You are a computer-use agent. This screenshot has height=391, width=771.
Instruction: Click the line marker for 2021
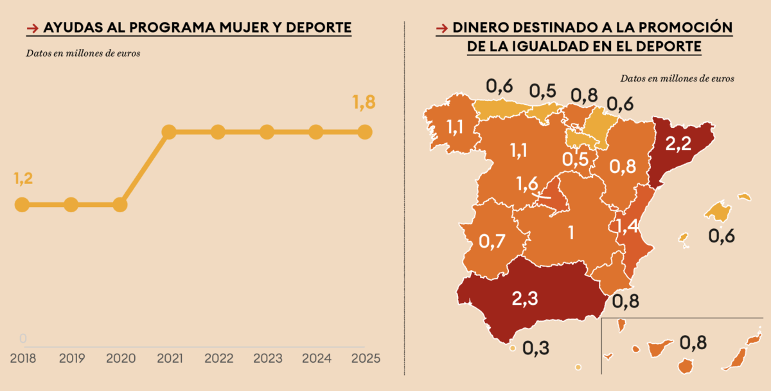[169, 132]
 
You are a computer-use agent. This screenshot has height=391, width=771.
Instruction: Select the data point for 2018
[22, 205]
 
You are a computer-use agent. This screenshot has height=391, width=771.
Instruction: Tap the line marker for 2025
[364, 132]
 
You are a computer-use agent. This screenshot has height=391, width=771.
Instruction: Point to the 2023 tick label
[267, 358]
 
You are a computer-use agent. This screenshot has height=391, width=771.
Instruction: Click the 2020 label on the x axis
[120, 358]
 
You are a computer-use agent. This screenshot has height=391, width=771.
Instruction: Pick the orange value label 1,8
[364, 103]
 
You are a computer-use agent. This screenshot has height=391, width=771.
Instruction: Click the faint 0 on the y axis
[23, 338]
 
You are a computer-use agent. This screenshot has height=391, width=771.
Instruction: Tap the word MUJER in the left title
[227, 28]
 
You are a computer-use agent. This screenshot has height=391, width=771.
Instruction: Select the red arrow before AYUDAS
[31, 28]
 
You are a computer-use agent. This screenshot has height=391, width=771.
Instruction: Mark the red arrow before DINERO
[441, 28]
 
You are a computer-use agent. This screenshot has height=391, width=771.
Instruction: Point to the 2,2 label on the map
[678, 145]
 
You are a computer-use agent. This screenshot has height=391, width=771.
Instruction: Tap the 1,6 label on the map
[527, 183]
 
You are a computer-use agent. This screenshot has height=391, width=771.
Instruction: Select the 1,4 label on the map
[628, 226]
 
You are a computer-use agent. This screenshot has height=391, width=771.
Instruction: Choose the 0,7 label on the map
[492, 241]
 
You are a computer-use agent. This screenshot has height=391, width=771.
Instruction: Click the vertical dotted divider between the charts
[404, 193]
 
